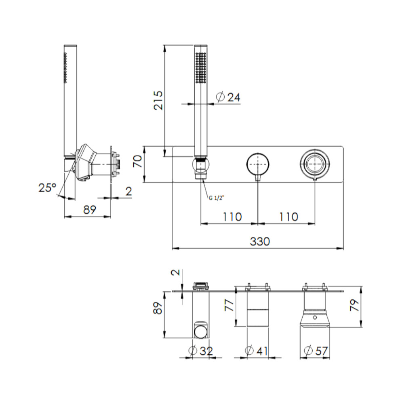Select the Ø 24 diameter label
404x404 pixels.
[x=228, y=97]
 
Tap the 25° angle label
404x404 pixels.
[x=47, y=187]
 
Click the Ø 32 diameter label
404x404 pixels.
[x=201, y=351]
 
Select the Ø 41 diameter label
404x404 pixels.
[x=257, y=351]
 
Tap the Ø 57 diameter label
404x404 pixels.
[x=316, y=351]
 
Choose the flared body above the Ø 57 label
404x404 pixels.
[x=315, y=319]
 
